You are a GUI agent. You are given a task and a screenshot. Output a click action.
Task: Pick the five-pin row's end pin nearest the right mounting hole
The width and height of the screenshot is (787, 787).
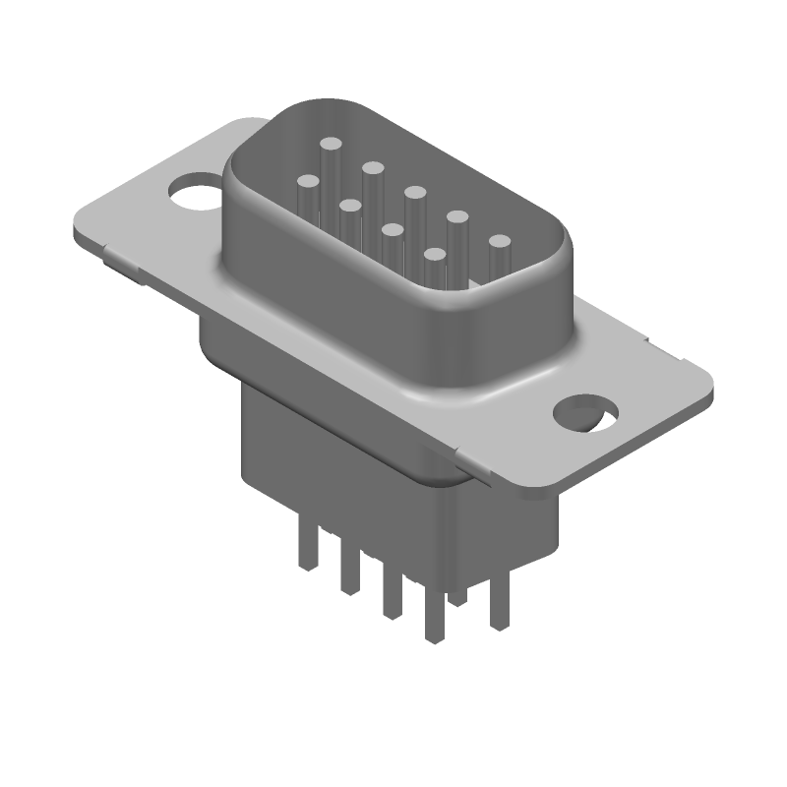(x=500, y=241)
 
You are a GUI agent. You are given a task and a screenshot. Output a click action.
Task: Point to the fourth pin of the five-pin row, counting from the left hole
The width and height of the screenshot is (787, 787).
(x=457, y=215)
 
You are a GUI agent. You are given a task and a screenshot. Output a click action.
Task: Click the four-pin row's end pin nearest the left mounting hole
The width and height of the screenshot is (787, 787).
(x=308, y=182)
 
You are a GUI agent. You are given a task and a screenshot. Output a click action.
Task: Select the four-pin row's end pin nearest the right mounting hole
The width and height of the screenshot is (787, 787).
(x=435, y=255)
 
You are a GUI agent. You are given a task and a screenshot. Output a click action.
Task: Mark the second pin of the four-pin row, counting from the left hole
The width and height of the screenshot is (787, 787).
(x=349, y=205)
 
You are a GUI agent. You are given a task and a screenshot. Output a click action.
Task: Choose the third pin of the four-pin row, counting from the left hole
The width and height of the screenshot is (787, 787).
(x=393, y=230)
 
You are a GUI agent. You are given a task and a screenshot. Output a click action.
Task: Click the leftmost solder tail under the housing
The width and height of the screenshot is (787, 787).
(x=308, y=551)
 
